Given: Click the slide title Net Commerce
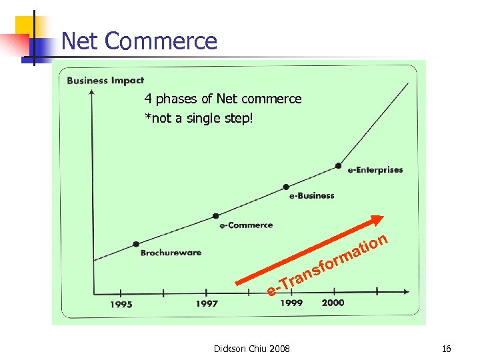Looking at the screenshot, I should (x=139, y=41).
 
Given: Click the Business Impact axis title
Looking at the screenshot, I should (x=105, y=81).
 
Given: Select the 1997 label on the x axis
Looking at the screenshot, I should (x=207, y=304).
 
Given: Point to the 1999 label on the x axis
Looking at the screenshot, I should (x=291, y=303).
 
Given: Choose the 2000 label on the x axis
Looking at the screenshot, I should (x=333, y=303).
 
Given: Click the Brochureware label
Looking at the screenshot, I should (x=171, y=253).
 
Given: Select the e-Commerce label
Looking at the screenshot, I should (x=246, y=225).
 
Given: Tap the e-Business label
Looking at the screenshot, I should (x=311, y=196).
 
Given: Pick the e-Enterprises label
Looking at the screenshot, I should (x=375, y=170).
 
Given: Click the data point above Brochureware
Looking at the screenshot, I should (x=136, y=244).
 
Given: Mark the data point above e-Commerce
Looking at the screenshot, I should (x=215, y=215).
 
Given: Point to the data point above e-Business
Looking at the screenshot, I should (x=286, y=186).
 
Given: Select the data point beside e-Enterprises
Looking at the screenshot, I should (x=339, y=165).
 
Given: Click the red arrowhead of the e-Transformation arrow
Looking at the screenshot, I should (x=378, y=221).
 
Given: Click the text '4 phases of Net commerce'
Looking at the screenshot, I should (x=223, y=99).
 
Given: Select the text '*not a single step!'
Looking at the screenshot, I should (x=199, y=119).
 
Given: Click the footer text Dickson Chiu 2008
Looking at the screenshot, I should (x=251, y=349).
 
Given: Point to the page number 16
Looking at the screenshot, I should (x=446, y=349).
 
